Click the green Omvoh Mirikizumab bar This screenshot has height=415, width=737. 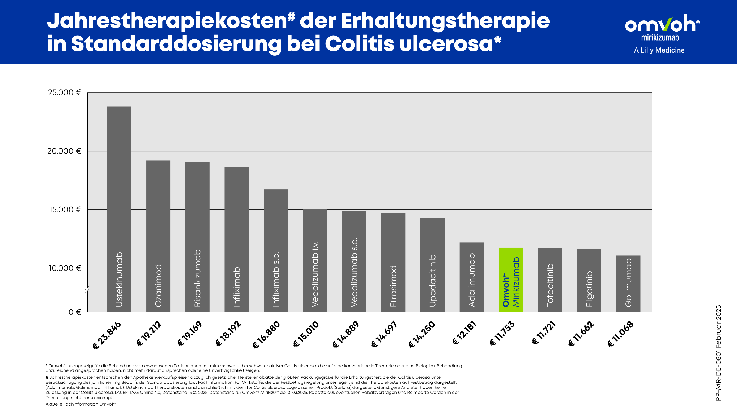click(x=511, y=279)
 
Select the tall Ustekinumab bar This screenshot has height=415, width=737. click(x=119, y=209)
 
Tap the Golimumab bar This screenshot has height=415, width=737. click(x=628, y=284)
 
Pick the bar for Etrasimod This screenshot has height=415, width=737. click(x=393, y=262)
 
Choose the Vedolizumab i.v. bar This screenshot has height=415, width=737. click(x=315, y=261)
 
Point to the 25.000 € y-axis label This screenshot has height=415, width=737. click(x=65, y=92)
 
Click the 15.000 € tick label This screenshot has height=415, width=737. click(x=65, y=210)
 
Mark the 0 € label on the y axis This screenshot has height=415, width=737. click(x=75, y=312)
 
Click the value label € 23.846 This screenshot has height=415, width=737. click(x=107, y=335)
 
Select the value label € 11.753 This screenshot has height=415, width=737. click(x=502, y=334)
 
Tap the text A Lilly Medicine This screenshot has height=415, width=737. click(x=659, y=50)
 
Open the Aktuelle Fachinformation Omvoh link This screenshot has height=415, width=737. click(x=81, y=404)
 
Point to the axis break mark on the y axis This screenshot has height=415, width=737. click(x=88, y=289)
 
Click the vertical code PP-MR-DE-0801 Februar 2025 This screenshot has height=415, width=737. click(x=718, y=353)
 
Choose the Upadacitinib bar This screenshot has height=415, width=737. click(x=432, y=265)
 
